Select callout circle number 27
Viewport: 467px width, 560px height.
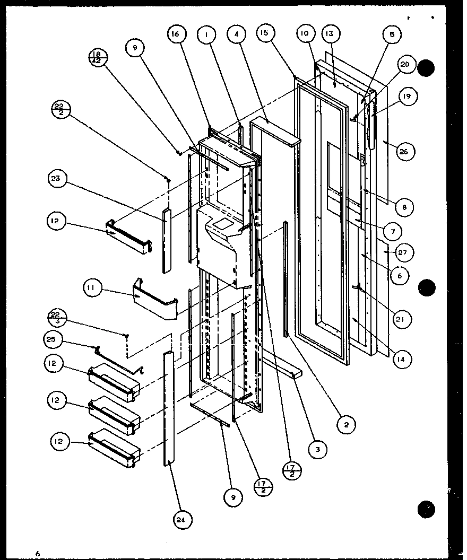403,252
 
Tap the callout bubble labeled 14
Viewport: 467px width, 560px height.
403,360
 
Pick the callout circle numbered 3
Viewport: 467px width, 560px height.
319,450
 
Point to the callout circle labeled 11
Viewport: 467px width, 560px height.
92,289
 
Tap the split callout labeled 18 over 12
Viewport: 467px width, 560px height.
99,57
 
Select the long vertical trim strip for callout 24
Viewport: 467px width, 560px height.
168,408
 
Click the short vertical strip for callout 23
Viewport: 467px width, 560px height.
168,240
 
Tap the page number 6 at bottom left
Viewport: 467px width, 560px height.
38,554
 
